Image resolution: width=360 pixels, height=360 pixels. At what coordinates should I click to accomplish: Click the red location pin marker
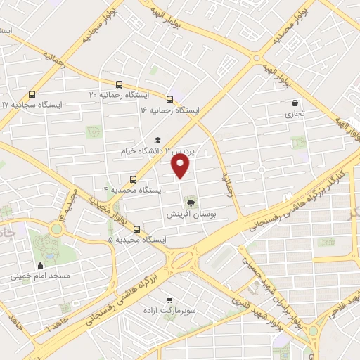(x=181, y=166)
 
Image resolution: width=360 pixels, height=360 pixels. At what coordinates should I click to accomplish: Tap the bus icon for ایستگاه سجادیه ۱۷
(x=32, y=94)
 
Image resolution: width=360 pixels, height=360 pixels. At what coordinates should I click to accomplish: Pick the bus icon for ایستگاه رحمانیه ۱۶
(x=169, y=99)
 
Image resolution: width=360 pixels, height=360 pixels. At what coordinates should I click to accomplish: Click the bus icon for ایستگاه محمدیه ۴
(x=133, y=179)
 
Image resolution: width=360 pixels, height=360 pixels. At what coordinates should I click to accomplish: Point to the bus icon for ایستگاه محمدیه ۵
(x=136, y=229)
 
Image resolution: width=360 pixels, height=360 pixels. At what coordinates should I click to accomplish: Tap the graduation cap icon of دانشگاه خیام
(x=157, y=140)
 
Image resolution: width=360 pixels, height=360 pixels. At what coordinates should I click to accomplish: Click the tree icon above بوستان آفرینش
(x=192, y=203)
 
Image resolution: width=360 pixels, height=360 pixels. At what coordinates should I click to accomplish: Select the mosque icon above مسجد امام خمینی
(x=39, y=266)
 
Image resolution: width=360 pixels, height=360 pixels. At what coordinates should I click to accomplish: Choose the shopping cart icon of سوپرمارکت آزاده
(x=169, y=300)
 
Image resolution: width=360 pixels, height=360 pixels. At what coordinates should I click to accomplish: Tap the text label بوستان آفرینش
(x=192, y=214)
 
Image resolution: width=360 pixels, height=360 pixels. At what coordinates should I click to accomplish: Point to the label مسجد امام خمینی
(x=39, y=276)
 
